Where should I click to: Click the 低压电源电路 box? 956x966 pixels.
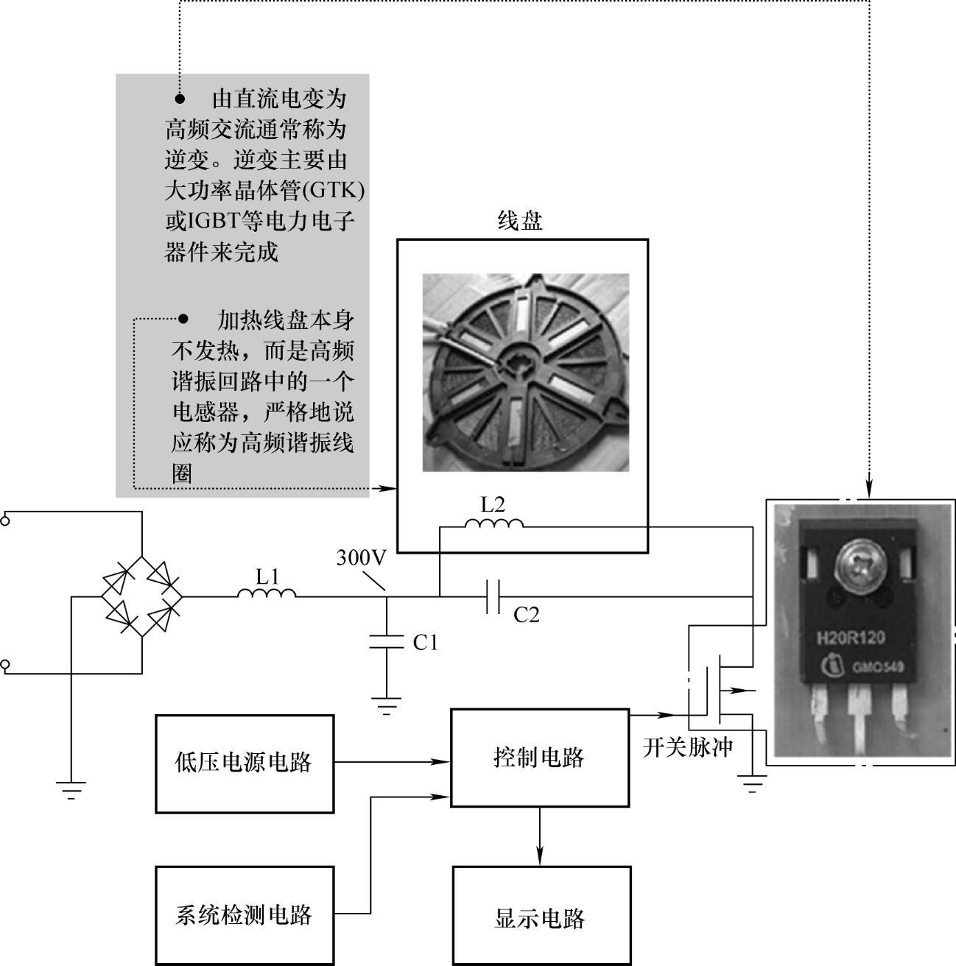(x=244, y=763)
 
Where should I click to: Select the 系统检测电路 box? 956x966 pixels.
(x=244, y=914)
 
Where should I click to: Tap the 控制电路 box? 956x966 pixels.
(x=539, y=757)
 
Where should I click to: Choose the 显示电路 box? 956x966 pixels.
(x=541, y=917)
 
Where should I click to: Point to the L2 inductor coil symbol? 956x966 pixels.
(x=493, y=523)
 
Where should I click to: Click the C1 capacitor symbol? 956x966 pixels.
(x=386, y=641)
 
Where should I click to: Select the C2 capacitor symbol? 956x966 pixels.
(x=493, y=596)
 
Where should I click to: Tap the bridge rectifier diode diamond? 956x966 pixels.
(x=141, y=596)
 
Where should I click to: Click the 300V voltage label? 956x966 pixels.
(x=361, y=558)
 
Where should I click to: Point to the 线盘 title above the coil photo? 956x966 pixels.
(x=521, y=220)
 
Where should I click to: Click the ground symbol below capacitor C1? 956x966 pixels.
(x=386, y=705)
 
